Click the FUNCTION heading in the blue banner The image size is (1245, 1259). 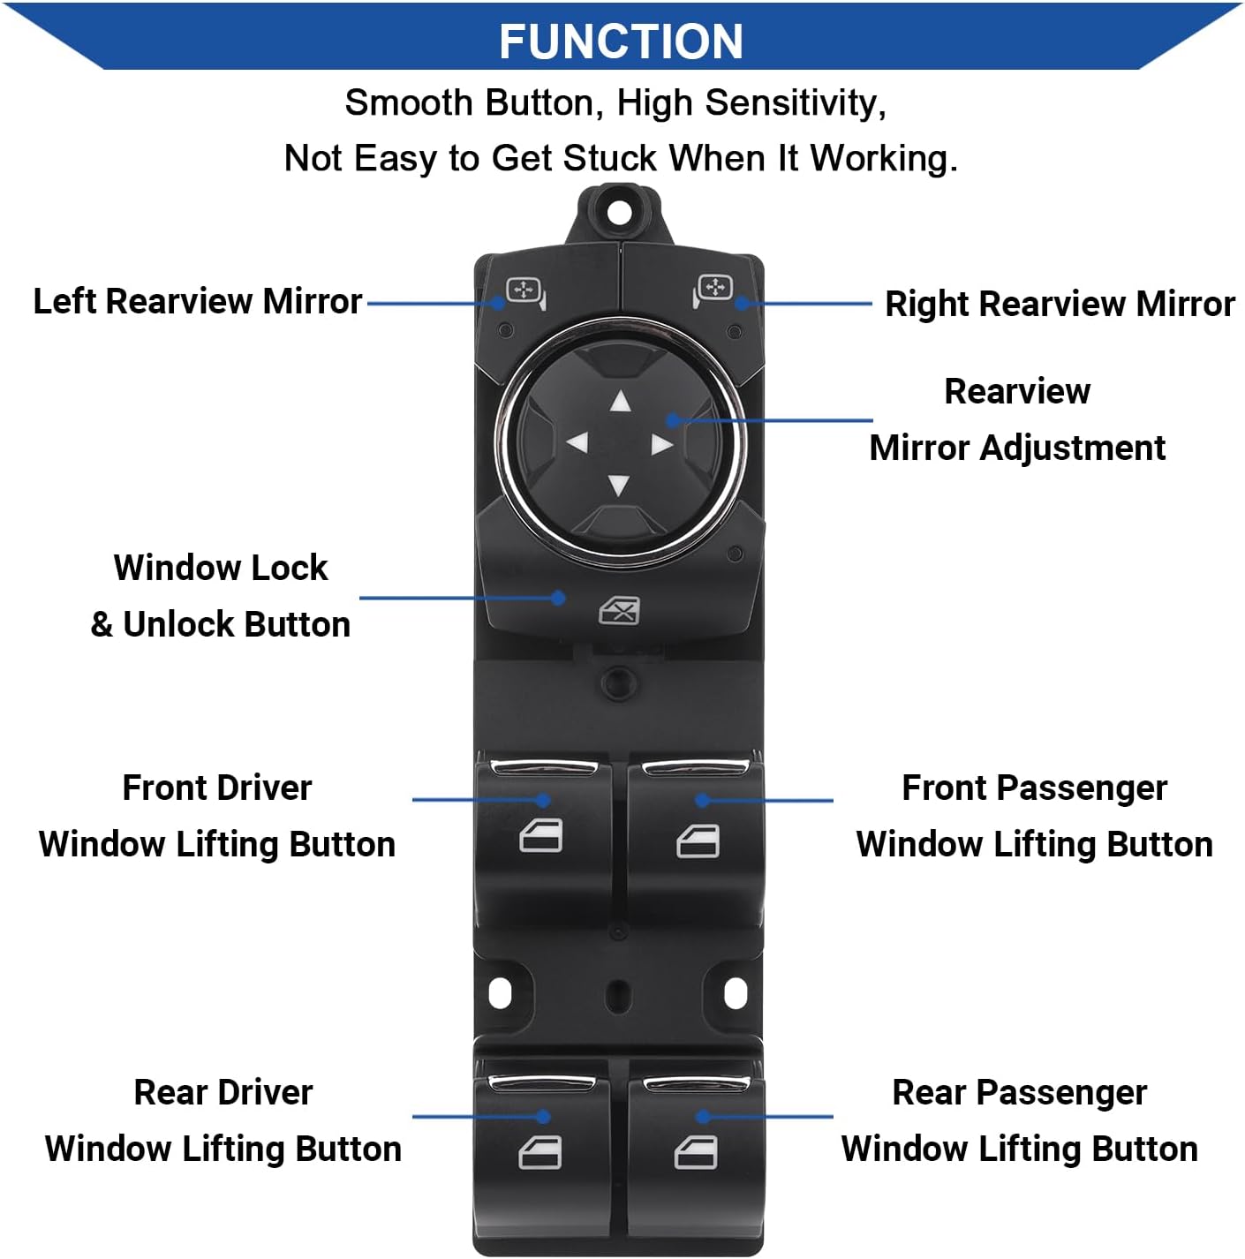tap(621, 41)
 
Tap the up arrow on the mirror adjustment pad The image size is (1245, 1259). tap(621, 403)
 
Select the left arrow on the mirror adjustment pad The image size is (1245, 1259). tap(577, 442)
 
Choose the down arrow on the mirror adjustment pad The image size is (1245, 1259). tap(619, 485)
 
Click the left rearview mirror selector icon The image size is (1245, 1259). tap(524, 291)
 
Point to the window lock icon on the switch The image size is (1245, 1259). tap(619, 611)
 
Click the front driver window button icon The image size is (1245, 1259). tap(540, 836)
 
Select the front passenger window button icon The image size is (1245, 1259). tap(698, 841)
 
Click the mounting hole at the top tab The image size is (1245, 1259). tap(621, 212)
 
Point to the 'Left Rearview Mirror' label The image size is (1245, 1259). tap(197, 301)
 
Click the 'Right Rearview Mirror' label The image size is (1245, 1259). tap(1059, 304)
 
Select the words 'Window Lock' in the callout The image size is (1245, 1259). tap(221, 568)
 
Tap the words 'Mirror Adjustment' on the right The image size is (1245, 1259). tap(1017, 448)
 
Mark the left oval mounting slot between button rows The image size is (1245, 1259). tap(500, 994)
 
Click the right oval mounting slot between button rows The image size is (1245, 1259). tap(735, 994)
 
